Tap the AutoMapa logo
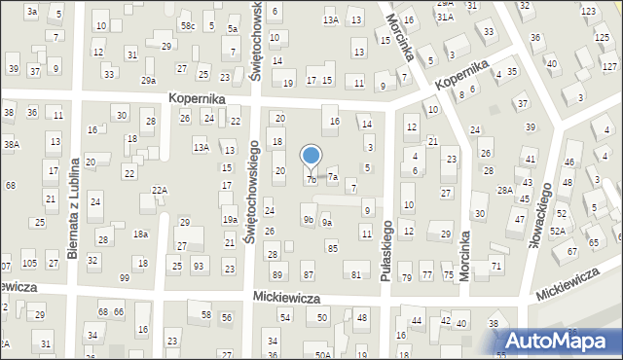click(x=560, y=340)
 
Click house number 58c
click(x=187, y=25)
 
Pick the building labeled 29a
click(x=148, y=81)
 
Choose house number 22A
click(x=160, y=191)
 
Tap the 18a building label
click(x=140, y=234)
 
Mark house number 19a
click(x=230, y=221)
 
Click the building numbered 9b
click(x=308, y=220)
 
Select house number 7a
click(x=332, y=177)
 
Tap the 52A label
click(x=557, y=231)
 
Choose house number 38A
click(x=11, y=144)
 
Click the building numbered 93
click(x=198, y=266)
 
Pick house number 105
click(x=29, y=265)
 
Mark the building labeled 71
click(x=496, y=266)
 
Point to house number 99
click(x=124, y=278)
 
